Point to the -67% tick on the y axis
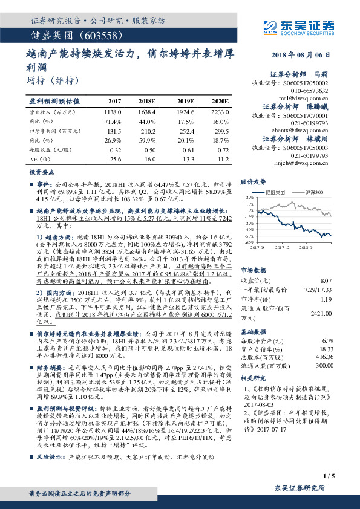(249, 242)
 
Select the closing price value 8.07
(326, 280)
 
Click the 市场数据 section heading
(255, 270)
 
